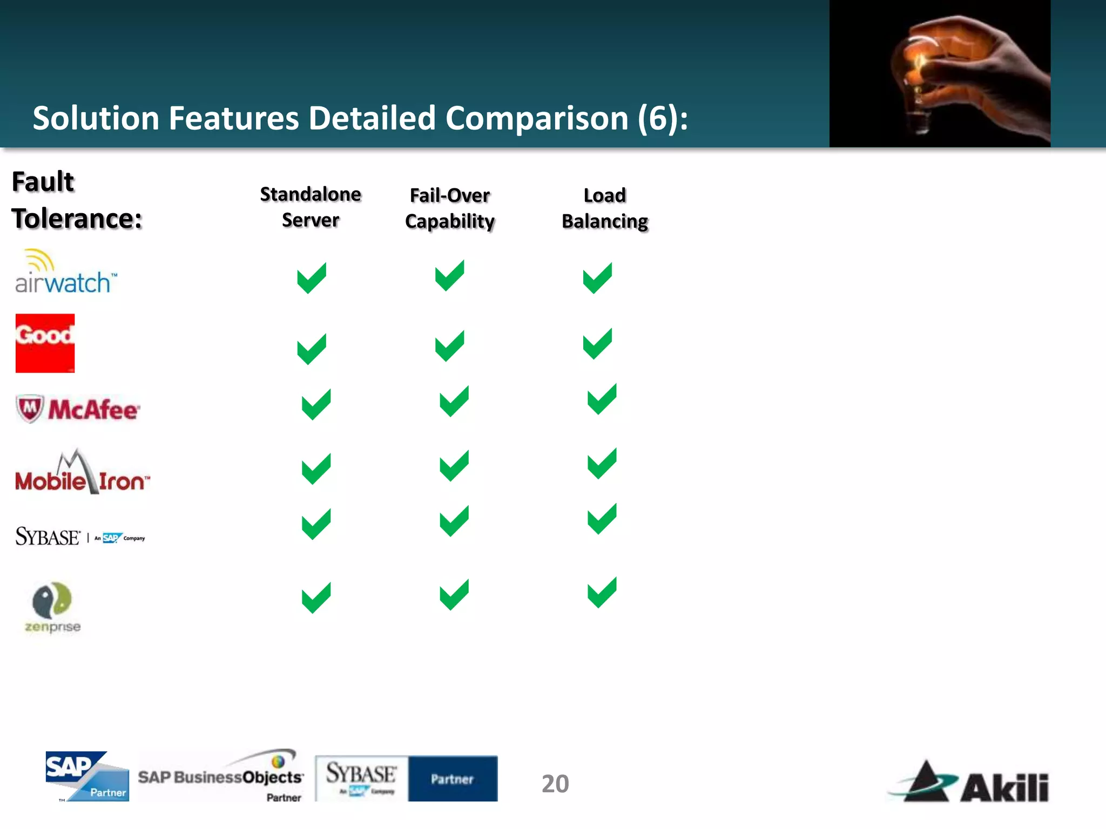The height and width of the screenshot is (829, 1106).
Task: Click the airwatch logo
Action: (x=65, y=273)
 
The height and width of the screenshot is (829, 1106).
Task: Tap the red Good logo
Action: (x=45, y=343)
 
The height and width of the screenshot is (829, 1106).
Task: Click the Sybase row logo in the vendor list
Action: (x=80, y=536)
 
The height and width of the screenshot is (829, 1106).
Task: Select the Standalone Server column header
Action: (x=311, y=207)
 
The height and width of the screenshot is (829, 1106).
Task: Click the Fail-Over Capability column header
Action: (x=450, y=208)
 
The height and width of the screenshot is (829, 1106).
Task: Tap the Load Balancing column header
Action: (x=605, y=208)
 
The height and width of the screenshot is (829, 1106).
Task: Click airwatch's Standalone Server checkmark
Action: (x=312, y=278)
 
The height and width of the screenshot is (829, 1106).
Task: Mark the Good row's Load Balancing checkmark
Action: (x=597, y=344)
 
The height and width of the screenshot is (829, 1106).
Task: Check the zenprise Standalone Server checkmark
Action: (x=316, y=598)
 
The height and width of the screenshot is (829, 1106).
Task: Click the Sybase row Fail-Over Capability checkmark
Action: (x=454, y=521)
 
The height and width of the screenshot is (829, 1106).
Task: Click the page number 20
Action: (x=555, y=784)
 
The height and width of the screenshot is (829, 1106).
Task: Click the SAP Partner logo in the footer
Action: (x=87, y=776)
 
